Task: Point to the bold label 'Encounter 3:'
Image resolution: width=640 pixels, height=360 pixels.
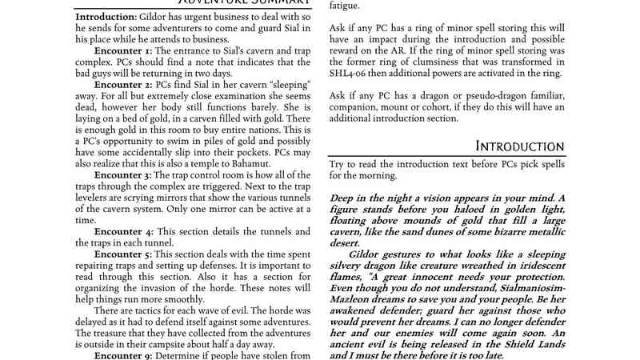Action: point(122,174)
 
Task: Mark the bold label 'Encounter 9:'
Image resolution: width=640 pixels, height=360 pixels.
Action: point(122,353)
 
